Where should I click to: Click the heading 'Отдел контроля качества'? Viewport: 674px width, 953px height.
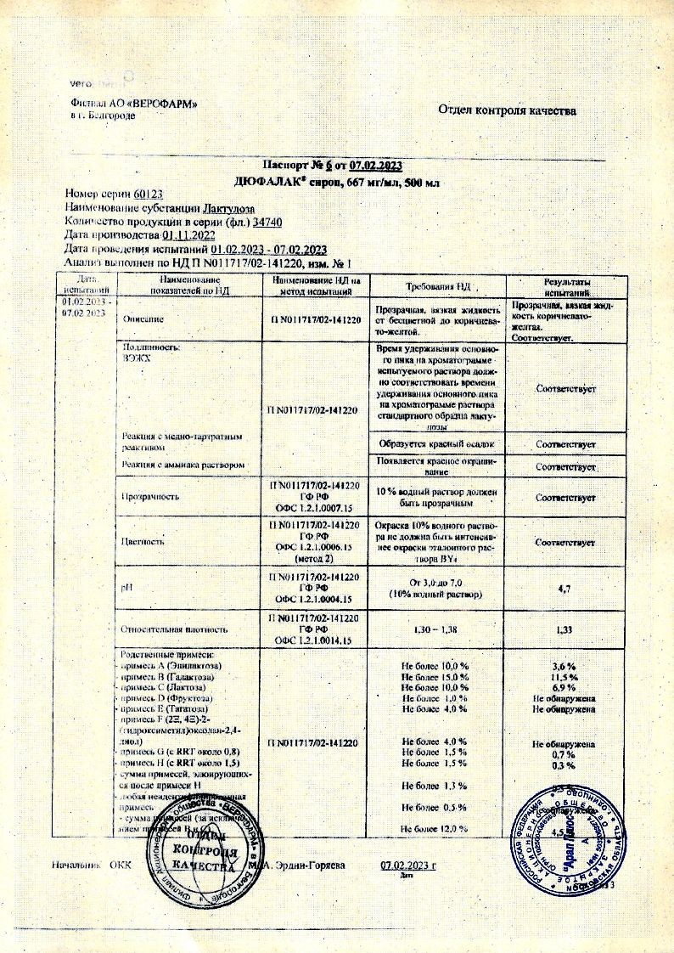click(x=508, y=110)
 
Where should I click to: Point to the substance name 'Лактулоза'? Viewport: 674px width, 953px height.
click(x=228, y=208)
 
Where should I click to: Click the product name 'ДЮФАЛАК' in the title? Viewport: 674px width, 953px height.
click(x=270, y=182)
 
